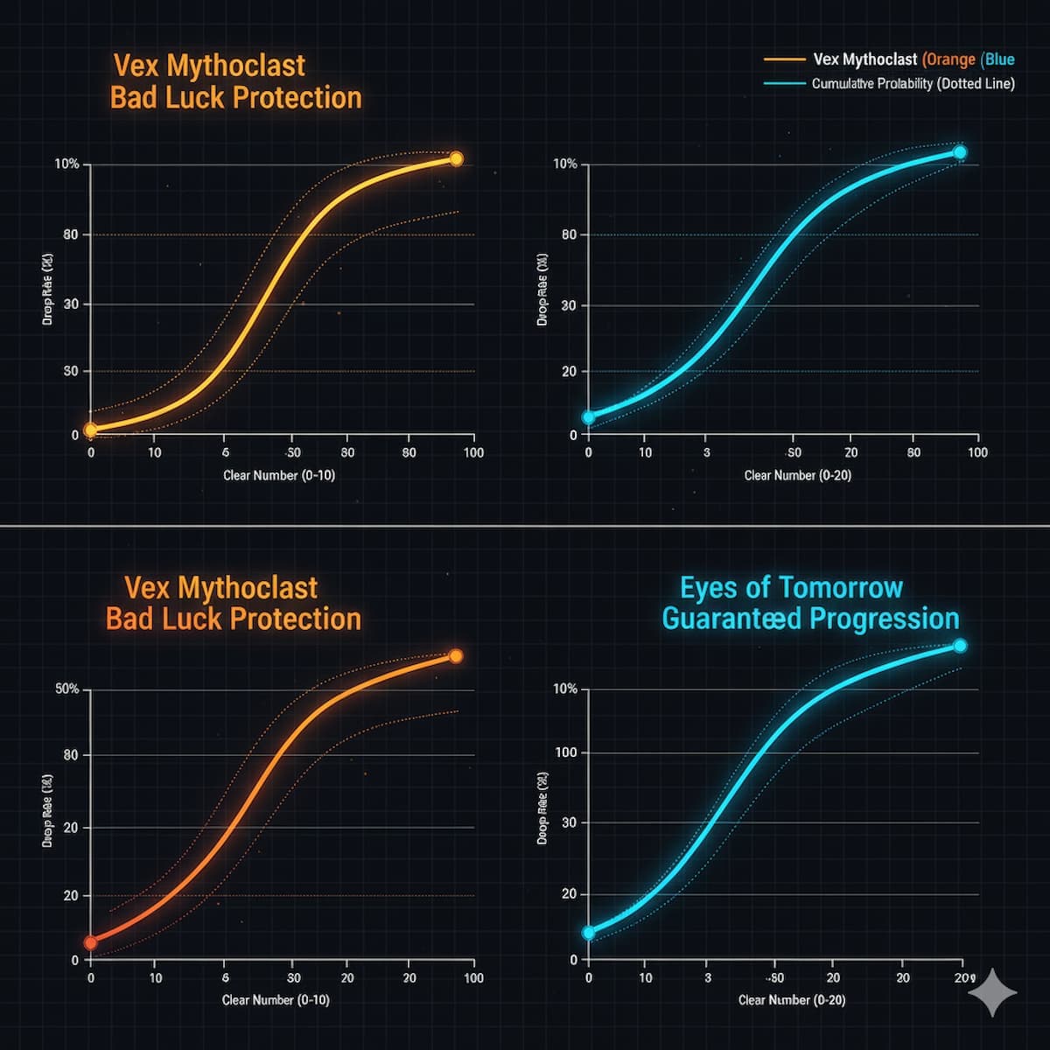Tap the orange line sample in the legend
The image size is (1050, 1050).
pyautogui.click(x=784, y=59)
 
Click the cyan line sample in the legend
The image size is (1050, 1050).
pyautogui.click(x=784, y=84)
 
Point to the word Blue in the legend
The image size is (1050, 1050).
pyautogui.click(x=999, y=59)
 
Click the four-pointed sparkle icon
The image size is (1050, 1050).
pyautogui.click(x=993, y=993)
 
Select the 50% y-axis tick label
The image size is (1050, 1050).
pyautogui.click(x=67, y=689)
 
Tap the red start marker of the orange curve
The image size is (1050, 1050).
pyautogui.click(x=90, y=942)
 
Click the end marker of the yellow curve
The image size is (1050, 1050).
pyautogui.click(x=456, y=158)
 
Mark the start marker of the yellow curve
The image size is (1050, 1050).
pyautogui.click(x=90, y=430)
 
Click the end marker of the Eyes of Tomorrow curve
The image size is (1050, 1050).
pyautogui.click(x=960, y=646)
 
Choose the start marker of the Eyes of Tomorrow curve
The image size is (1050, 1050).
pyautogui.click(x=588, y=933)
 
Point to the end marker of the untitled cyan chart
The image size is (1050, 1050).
pyautogui.click(x=960, y=152)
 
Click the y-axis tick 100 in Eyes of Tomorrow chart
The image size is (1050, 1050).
pyautogui.click(x=565, y=752)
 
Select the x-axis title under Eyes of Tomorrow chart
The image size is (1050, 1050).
pyautogui.click(x=792, y=999)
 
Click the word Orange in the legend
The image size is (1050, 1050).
pyautogui.click(x=950, y=59)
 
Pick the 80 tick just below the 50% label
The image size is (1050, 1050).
pyautogui.click(x=70, y=755)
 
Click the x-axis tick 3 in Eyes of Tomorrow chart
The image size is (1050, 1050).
pyautogui.click(x=707, y=977)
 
